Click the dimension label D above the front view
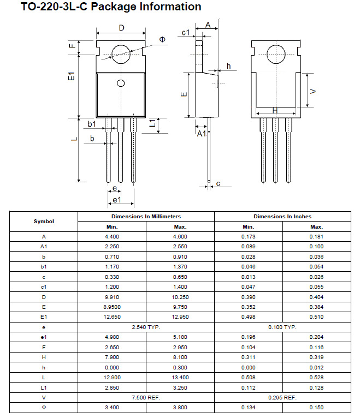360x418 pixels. (121, 28)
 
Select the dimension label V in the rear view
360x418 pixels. (312, 91)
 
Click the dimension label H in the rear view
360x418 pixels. (275, 110)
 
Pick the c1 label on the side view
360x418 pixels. (186, 33)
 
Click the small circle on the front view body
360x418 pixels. (121, 83)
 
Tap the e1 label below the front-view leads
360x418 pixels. (116, 200)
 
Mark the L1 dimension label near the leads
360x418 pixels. (155, 124)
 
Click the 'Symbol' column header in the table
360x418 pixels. (44, 222)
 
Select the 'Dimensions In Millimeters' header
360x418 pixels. (146, 217)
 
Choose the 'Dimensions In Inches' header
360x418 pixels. (282, 217)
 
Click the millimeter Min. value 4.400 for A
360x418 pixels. (113, 236)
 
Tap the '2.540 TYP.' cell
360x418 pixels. (146, 327)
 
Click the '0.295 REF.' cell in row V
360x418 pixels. (282, 398)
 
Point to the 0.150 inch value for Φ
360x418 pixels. (316, 408)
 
